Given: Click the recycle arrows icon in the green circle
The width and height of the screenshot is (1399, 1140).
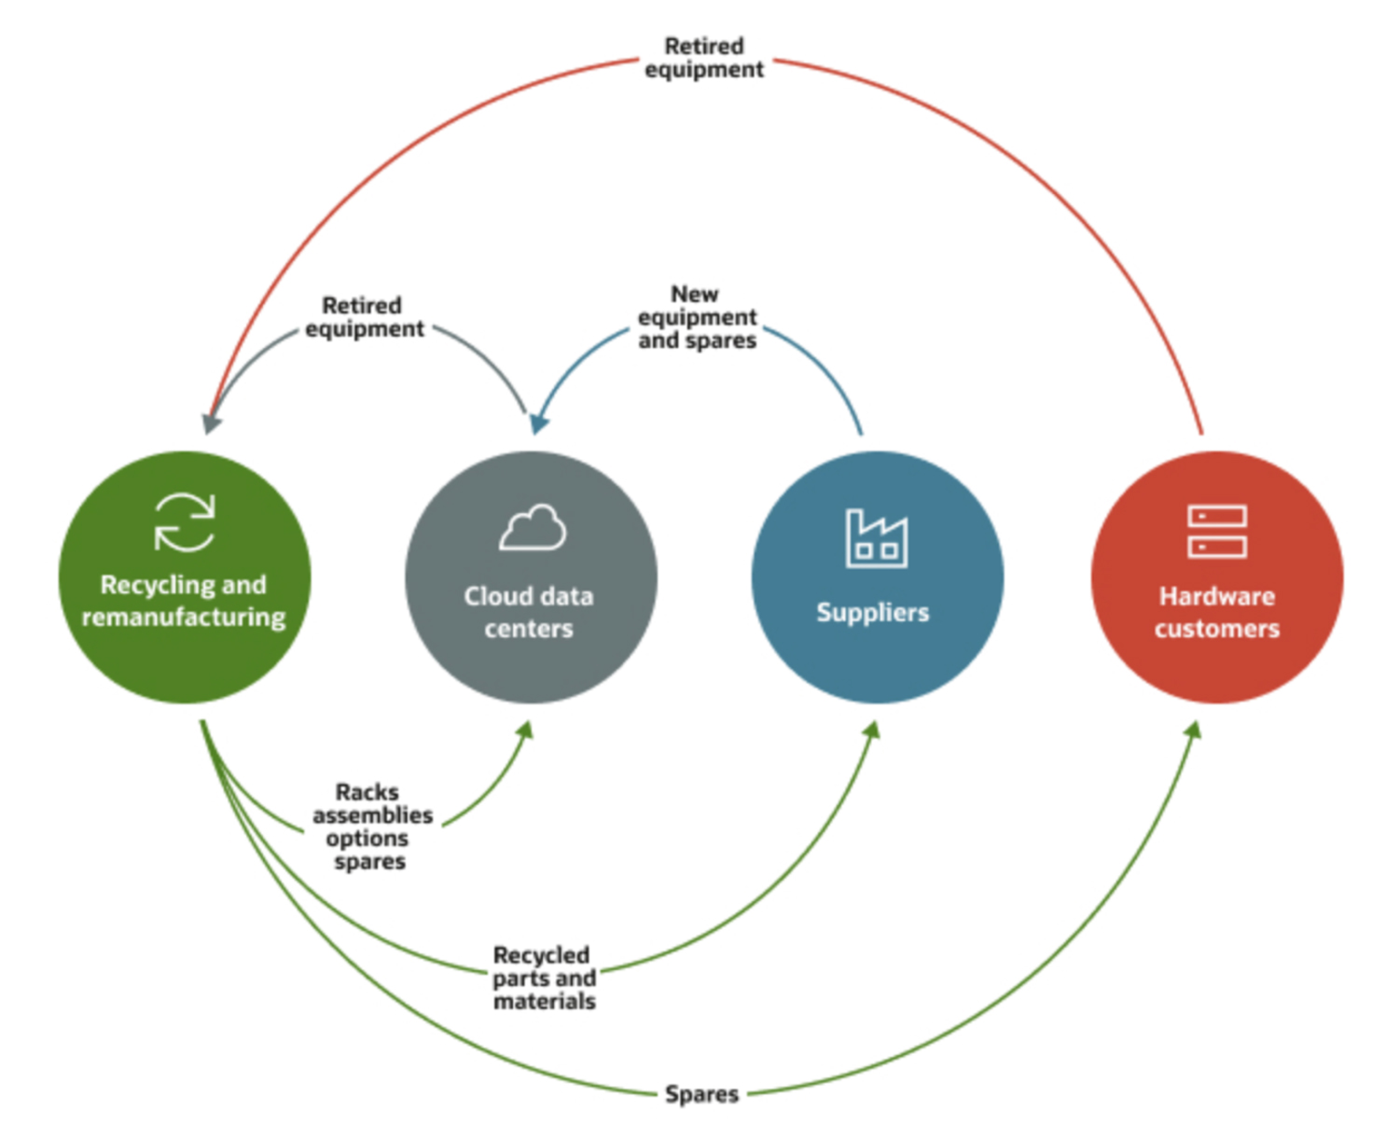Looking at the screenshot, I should click(185, 522).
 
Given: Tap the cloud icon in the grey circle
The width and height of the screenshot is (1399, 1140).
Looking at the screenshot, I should click(533, 528).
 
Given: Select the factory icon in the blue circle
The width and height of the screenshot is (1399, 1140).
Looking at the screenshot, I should click(876, 538).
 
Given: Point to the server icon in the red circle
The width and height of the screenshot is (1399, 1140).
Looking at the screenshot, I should click(1216, 532).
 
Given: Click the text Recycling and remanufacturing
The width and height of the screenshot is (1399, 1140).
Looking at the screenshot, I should click(184, 601).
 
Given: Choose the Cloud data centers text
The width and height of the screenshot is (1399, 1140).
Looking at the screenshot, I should click(529, 612).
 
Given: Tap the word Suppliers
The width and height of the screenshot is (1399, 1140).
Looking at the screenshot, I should click(873, 612).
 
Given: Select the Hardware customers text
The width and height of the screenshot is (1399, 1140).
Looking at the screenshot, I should click(1216, 612).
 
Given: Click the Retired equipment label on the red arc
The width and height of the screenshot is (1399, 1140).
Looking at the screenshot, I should click(704, 58).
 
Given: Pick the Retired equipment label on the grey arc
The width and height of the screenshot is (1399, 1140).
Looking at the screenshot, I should click(364, 317).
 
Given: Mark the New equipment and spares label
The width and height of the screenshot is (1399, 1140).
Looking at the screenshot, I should click(697, 317).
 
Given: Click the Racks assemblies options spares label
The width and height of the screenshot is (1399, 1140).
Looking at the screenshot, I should click(371, 827).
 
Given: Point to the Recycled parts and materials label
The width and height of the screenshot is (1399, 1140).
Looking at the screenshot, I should click(544, 978).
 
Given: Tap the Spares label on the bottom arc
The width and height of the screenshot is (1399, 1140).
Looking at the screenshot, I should click(701, 1093).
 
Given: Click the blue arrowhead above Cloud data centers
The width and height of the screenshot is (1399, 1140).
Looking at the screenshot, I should click(539, 424).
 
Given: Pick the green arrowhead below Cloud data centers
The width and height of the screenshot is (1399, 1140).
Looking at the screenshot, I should click(526, 730).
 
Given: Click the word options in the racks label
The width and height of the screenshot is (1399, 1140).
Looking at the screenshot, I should click(367, 838).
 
